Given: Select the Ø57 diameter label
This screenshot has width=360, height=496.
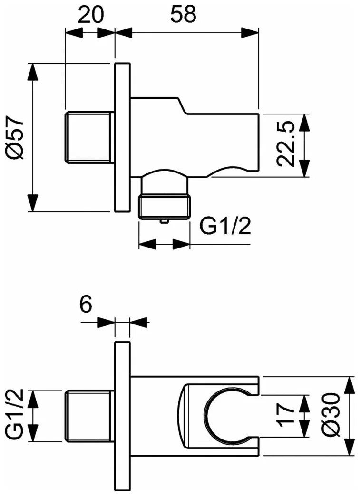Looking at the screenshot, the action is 15,137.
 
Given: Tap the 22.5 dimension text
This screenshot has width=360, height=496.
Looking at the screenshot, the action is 286,144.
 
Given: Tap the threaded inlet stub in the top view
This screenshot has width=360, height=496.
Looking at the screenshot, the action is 90,138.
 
